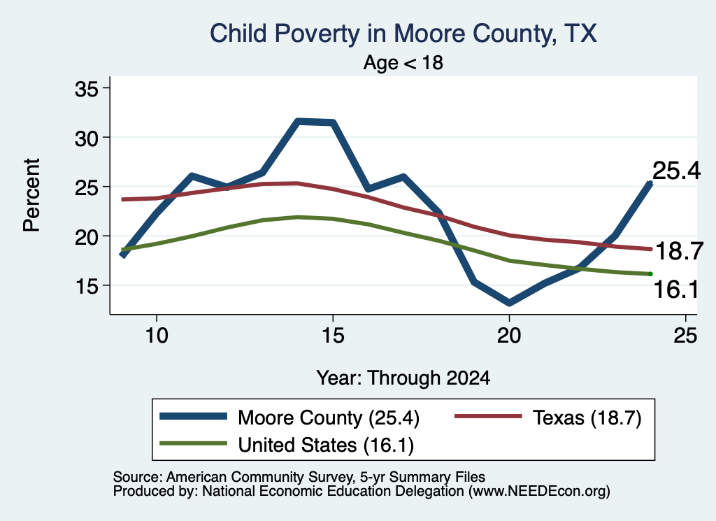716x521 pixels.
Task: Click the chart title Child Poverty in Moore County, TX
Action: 403,34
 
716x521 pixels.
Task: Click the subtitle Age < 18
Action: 403,62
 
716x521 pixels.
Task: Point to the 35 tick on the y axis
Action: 86,89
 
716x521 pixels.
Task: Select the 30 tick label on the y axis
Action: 86,138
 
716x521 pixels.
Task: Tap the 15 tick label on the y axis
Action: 86,286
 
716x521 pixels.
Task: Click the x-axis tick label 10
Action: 157,336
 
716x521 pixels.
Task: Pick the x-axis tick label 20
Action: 509,336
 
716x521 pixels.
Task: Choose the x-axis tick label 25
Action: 685,336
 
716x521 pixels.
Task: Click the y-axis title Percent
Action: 31,195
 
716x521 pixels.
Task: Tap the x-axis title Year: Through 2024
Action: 403,378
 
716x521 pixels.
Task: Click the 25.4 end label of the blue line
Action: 676,171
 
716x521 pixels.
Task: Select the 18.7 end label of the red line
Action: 679,251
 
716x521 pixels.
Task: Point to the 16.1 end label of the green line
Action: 676,290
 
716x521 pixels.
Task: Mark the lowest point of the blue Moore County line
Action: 509,303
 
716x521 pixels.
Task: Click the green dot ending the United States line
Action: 650,274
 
